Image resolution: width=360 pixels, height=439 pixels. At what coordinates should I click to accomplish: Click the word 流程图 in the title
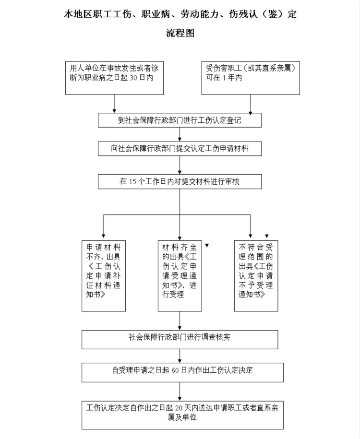180,33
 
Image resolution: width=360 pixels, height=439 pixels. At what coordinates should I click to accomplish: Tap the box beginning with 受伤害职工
251,78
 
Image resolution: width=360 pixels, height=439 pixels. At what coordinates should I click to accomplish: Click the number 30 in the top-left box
133,78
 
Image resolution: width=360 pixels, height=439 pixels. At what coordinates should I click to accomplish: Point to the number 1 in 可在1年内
224,78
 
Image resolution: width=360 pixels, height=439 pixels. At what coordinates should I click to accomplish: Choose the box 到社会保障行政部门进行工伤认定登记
180,120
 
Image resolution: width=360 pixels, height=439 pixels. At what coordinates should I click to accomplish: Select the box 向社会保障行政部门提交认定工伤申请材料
180,148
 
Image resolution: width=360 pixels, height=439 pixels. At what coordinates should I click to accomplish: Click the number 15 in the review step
132,182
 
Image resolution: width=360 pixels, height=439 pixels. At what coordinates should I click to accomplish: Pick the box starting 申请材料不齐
103,276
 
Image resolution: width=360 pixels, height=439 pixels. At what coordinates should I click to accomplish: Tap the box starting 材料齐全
180,276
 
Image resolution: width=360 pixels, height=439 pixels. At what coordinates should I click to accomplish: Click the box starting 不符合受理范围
256,276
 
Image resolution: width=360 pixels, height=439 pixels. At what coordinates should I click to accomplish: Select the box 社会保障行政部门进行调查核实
180,340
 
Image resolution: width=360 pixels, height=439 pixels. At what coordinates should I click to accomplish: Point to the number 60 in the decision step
175,370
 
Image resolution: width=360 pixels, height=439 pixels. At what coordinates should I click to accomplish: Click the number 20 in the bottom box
179,408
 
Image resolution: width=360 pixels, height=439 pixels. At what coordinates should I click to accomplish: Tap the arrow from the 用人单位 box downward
114,104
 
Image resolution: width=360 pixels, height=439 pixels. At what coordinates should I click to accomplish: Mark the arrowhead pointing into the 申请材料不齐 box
103,236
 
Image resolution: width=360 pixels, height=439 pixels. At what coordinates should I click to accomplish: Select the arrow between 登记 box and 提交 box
180,134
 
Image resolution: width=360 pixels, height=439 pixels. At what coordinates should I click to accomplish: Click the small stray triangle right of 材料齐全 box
207,246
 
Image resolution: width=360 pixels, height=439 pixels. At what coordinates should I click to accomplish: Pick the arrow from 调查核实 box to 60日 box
180,356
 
